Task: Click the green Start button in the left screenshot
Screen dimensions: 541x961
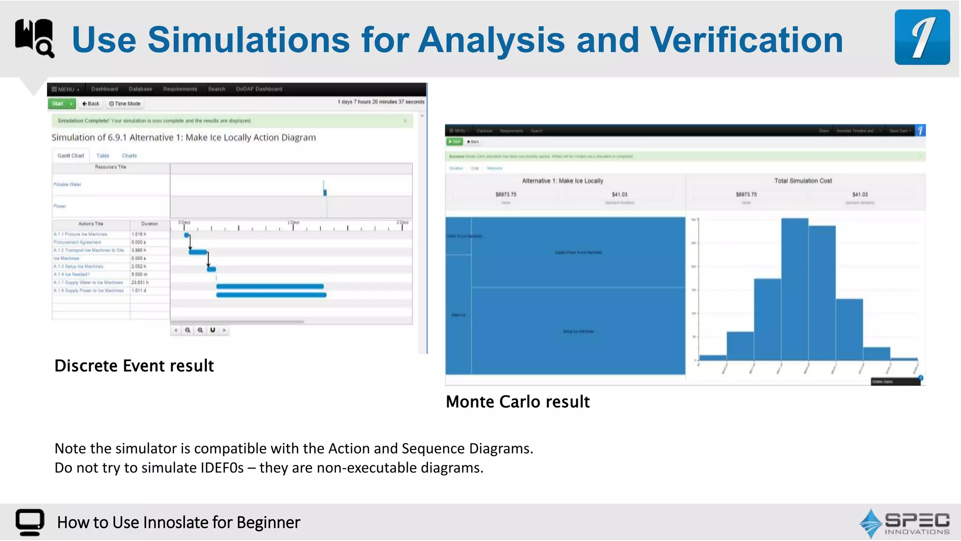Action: pyautogui.click(x=58, y=104)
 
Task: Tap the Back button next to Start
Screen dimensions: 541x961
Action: pyautogui.click(x=91, y=104)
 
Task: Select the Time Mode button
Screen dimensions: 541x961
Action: pyautogui.click(x=125, y=104)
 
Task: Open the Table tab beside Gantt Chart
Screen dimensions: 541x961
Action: pyautogui.click(x=103, y=156)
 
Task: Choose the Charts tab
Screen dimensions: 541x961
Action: pyautogui.click(x=129, y=156)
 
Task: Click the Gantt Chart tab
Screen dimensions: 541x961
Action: pyautogui.click(x=71, y=156)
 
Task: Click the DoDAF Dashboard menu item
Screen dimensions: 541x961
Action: pyautogui.click(x=259, y=89)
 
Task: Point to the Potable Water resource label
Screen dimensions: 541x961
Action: pyautogui.click(x=67, y=185)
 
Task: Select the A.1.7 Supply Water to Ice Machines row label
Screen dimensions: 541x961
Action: pyautogui.click(x=88, y=283)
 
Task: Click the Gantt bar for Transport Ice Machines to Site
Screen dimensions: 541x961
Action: pyautogui.click(x=198, y=252)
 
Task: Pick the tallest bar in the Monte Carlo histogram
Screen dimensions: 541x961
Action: pyautogui.click(x=794, y=289)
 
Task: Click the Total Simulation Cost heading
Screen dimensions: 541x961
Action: pyautogui.click(x=803, y=181)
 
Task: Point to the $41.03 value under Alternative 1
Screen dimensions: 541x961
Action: pyautogui.click(x=619, y=194)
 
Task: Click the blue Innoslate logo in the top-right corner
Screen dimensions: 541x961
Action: pyautogui.click(x=922, y=37)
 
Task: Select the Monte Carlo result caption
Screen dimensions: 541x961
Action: pyautogui.click(x=518, y=402)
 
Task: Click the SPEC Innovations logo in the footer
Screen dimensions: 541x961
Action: pyautogui.click(x=905, y=523)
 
